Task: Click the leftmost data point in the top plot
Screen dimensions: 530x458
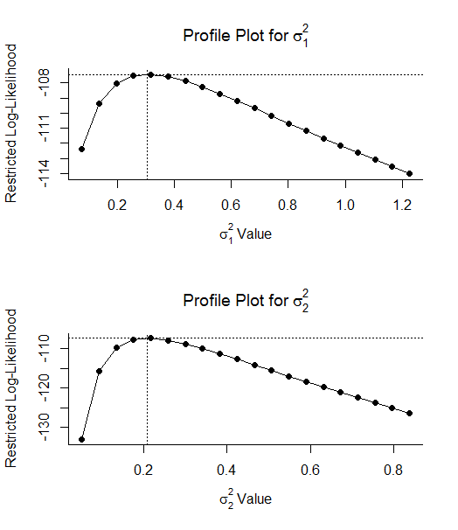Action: [82, 149]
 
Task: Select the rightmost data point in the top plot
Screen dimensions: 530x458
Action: [409, 174]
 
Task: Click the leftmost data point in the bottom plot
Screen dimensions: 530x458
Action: [82, 439]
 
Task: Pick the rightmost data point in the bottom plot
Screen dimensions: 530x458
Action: [409, 413]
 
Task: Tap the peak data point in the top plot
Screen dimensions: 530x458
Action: [150, 74]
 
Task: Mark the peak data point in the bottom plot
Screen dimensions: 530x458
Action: [150, 338]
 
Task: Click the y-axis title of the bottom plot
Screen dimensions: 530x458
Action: [11, 398]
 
